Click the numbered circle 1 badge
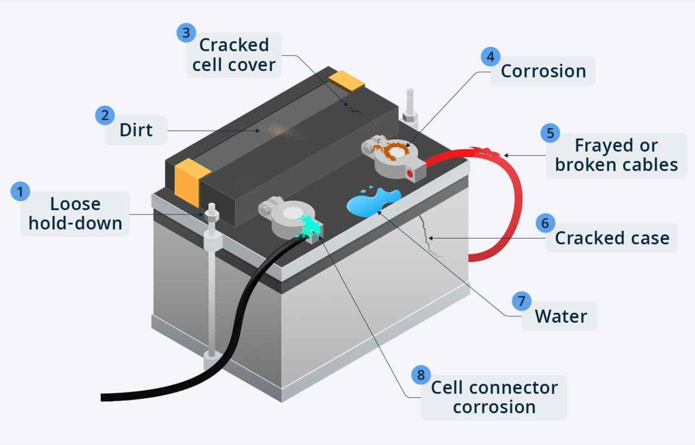[20, 191]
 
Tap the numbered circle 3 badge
[186, 33]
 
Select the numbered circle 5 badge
[550, 133]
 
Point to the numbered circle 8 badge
[420, 375]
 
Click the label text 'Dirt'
[136, 130]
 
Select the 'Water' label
[561, 316]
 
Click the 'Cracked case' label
[612, 238]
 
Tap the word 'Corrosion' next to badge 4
[543, 71]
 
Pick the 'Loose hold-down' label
[75, 214]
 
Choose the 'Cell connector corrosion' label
[494, 397]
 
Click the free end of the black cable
[104, 397]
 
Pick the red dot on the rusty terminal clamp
[410, 173]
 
